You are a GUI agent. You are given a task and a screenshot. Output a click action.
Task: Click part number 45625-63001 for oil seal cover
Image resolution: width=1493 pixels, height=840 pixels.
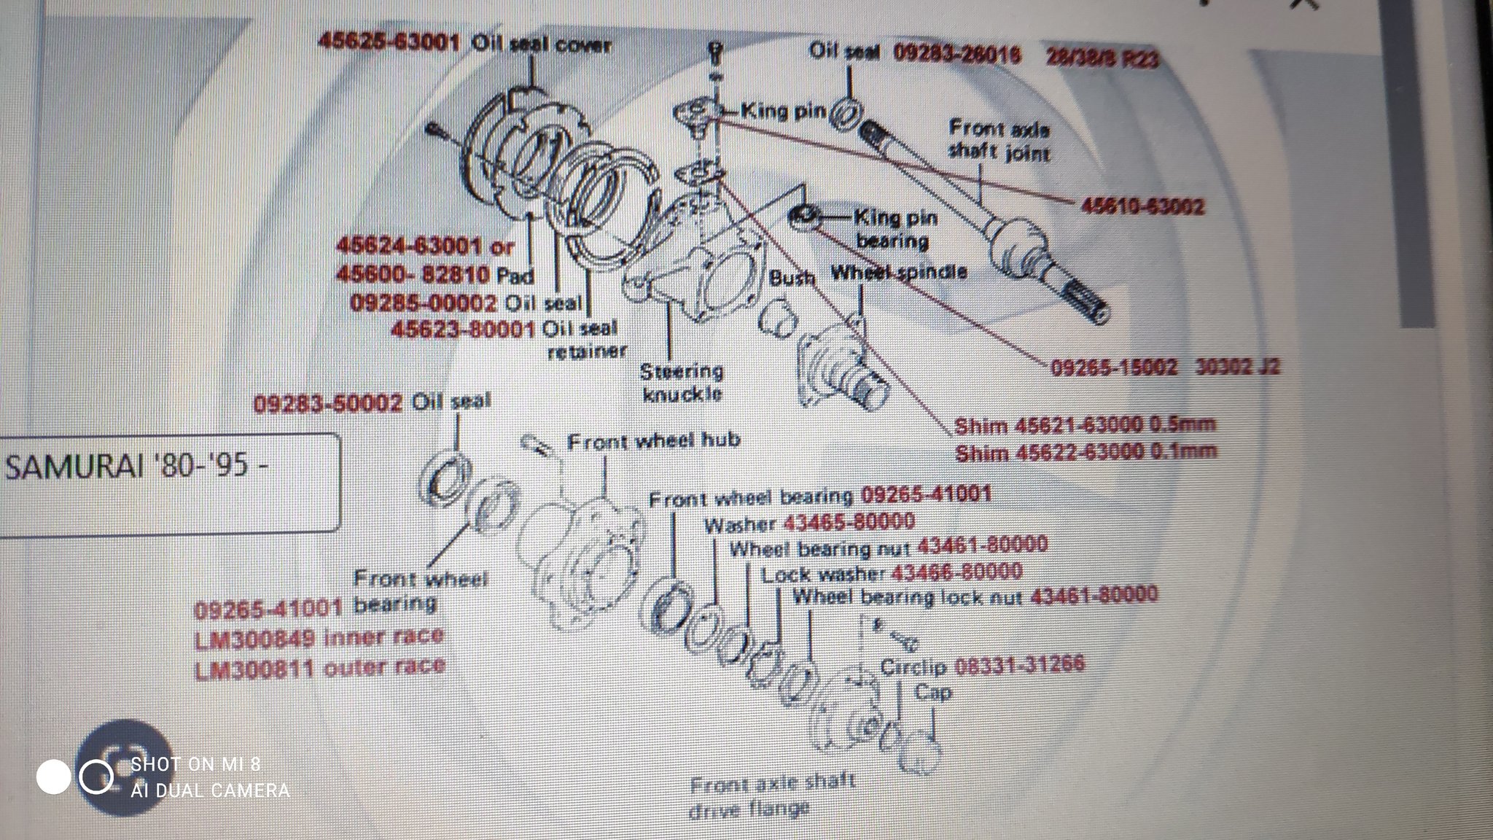pyautogui.click(x=389, y=42)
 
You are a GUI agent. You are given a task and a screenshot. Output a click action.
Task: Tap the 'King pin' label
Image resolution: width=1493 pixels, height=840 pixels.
pyautogui.click(x=783, y=111)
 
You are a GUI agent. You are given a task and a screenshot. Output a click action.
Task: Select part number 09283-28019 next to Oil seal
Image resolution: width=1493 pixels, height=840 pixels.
pyautogui.click(x=956, y=54)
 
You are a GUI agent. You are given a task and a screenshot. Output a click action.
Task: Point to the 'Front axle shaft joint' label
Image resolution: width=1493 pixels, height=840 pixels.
pyautogui.click(x=999, y=141)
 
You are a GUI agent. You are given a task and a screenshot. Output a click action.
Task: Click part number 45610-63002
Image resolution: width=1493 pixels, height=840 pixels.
pyautogui.click(x=1142, y=206)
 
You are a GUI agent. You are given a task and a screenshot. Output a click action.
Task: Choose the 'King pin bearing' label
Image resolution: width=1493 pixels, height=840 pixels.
pyautogui.click(x=894, y=228)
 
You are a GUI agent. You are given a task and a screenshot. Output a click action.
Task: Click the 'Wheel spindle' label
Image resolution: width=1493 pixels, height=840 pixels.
pyautogui.click(x=898, y=273)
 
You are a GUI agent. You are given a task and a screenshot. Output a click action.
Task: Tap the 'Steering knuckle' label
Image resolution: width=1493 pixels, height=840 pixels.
pyautogui.click(x=682, y=383)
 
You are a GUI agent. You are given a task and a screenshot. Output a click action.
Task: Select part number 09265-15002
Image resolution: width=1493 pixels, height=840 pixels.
pyautogui.click(x=1113, y=366)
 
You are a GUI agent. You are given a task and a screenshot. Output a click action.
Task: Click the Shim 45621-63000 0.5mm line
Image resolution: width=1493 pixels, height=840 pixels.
pyautogui.click(x=1085, y=425)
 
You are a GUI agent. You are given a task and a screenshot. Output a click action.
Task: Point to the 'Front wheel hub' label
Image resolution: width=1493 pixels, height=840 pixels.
pyautogui.click(x=653, y=440)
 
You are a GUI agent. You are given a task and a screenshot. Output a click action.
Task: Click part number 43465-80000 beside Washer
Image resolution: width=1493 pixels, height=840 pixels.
pyautogui.click(x=849, y=522)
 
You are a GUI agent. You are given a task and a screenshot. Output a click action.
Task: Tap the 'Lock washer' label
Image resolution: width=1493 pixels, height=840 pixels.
pyautogui.click(x=823, y=575)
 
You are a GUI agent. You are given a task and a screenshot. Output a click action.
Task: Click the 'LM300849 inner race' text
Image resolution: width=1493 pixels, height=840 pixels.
pyautogui.click(x=319, y=637)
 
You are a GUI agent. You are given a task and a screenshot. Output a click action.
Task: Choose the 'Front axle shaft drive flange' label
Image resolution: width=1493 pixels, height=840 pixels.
pyautogui.click(x=771, y=796)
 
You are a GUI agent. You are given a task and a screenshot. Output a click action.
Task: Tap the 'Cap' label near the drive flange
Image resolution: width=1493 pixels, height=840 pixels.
pyautogui.click(x=932, y=692)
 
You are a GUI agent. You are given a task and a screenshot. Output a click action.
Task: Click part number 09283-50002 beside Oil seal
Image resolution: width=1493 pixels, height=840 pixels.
pyautogui.click(x=328, y=403)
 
